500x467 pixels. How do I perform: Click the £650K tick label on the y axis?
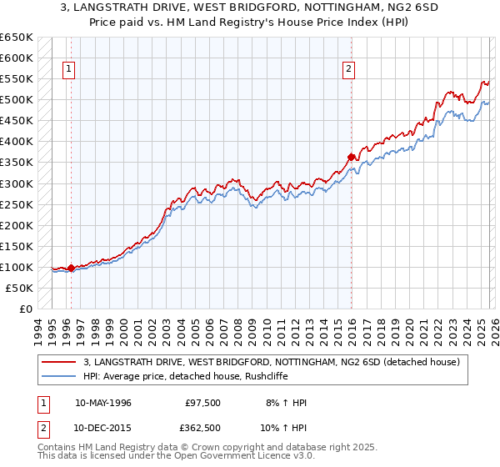pos(17,38)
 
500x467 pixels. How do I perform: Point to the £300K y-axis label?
pos(17,183)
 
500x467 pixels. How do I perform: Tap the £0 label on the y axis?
pos(26,309)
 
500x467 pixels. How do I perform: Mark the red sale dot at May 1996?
pos(72,268)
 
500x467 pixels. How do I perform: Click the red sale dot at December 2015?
pos(352,157)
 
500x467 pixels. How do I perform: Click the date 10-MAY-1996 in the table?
pos(103,403)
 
